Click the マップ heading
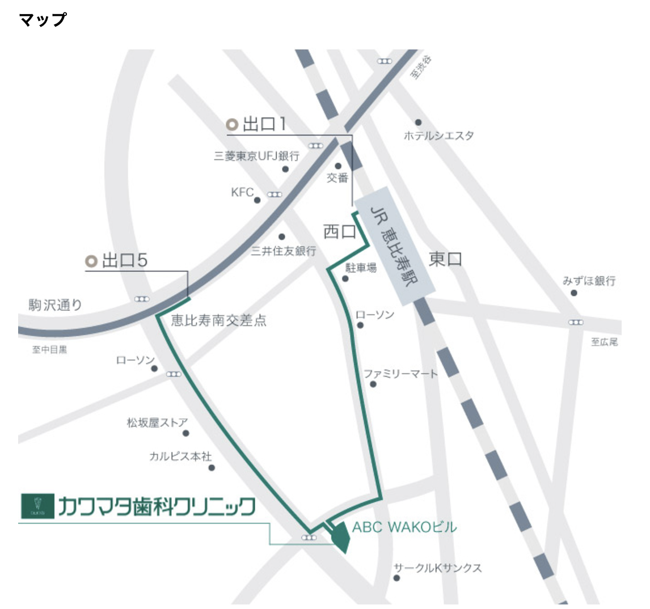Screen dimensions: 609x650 (43, 20)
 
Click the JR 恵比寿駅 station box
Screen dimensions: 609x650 (395, 241)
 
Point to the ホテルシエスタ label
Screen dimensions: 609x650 (438, 136)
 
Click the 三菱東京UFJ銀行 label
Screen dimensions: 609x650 (256, 156)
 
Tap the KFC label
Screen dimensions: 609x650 (242, 193)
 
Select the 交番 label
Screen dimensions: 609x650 (337, 178)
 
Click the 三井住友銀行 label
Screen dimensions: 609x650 (284, 251)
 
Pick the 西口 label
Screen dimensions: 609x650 (339, 231)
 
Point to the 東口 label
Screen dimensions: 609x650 (445, 260)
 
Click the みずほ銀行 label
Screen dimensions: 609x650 (589, 281)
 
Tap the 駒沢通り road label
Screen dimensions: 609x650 (56, 305)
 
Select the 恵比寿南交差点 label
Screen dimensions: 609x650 (219, 321)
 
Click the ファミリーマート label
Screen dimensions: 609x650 (400, 374)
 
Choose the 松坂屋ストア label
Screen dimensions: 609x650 (157, 422)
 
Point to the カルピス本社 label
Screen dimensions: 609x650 (180, 456)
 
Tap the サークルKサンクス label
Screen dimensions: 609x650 (437, 568)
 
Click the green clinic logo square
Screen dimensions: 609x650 (36, 506)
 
